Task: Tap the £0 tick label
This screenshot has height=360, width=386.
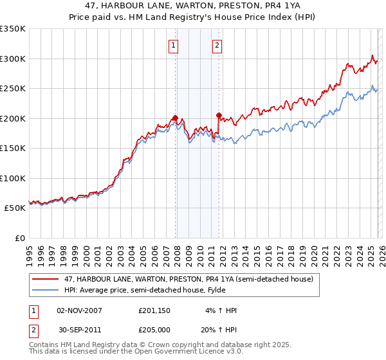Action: coord(19,238)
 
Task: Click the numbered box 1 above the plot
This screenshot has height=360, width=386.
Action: coord(174,45)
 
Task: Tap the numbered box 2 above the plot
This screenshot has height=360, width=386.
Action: coord(217,45)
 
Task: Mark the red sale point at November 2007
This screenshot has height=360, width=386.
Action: coord(175,118)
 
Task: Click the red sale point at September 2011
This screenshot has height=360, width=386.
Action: coord(219,116)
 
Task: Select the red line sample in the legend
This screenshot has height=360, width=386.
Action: coord(46,279)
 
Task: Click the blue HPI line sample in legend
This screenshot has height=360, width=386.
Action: coord(46,290)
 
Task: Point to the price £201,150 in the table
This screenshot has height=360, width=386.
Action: coord(155,310)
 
